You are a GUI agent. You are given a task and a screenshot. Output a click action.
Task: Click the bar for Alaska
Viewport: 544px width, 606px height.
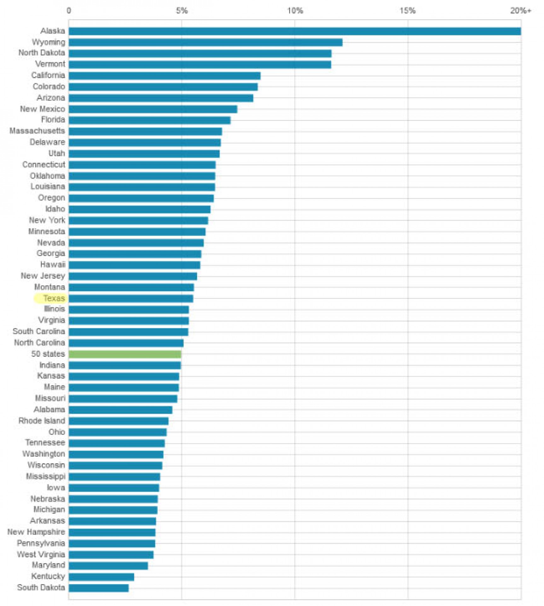click(295, 31)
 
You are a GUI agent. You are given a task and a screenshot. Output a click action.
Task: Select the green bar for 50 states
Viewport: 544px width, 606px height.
click(125, 354)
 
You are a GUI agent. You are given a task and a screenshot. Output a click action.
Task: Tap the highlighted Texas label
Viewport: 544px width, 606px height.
click(54, 298)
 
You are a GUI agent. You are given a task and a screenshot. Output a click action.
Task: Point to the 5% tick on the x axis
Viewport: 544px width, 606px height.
click(182, 11)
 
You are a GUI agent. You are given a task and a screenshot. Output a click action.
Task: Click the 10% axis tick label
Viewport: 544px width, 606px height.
click(295, 11)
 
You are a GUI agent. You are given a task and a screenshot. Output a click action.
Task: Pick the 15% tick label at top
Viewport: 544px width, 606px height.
click(408, 11)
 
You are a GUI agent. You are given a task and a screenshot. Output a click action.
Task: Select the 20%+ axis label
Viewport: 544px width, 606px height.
click(521, 11)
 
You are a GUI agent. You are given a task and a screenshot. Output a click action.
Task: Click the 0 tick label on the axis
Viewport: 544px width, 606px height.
click(69, 11)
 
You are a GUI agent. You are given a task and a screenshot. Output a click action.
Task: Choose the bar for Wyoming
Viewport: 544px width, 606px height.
click(205, 42)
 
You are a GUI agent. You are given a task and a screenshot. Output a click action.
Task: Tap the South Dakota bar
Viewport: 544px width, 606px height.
click(99, 588)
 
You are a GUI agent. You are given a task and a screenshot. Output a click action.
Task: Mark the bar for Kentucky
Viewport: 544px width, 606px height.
click(101, 577)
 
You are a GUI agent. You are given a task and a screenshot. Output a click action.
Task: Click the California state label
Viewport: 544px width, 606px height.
click(48, 75)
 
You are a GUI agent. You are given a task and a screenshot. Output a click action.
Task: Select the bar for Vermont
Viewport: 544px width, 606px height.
click(200, 64)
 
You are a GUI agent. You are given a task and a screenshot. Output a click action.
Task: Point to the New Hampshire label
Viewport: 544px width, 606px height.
click(36, 532)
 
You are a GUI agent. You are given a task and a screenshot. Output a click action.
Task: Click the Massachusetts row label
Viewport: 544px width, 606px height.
click(37, 131)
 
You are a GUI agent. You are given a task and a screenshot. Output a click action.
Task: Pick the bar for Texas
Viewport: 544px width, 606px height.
click(131, 298)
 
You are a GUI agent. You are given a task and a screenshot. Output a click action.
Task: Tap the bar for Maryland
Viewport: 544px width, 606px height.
click(108, 566)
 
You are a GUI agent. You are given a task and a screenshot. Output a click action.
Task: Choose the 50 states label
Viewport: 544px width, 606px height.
click(48, 354)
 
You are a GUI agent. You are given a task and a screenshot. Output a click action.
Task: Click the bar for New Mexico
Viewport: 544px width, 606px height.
click(153, 109)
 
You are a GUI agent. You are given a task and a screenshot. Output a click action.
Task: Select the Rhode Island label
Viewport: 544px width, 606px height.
click(42, 421)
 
